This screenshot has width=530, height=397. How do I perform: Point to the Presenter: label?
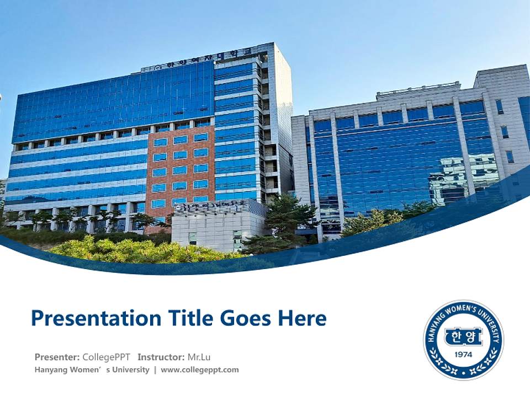[x=57, y=356]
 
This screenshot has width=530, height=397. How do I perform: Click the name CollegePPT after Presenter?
[x=107, y=356]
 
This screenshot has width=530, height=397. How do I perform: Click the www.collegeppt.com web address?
[x=200, y=369]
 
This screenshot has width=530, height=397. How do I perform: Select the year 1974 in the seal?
[x=463, y=354]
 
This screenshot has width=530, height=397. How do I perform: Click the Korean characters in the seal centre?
[x=463, y=336]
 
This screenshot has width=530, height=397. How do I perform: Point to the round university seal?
[x=463, y=340]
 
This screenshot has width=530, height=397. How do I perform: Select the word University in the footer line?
[x=131, y=369]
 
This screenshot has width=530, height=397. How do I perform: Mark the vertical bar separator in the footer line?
[x=155, y=369]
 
